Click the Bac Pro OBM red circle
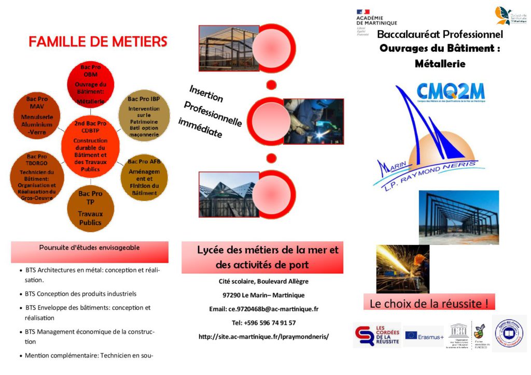pos(91,84)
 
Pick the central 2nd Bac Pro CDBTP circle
pos(90,147)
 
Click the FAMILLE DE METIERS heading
pos(98,42)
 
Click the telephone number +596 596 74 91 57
pos(263,323)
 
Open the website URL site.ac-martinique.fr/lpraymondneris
pos(263,337)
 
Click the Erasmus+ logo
pos(424,337)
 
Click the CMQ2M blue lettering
pos(451,92)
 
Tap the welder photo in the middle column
pos(313,121)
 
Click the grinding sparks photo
pos(402,268)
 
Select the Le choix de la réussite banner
pos(429,303)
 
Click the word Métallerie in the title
pos(440,64)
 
